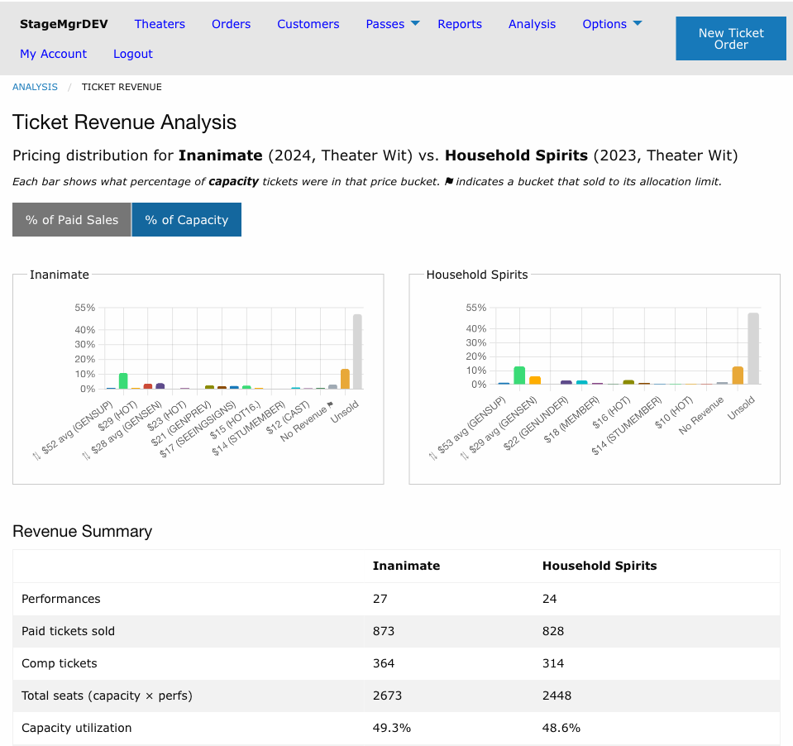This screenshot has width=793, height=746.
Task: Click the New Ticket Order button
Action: coord(731,38)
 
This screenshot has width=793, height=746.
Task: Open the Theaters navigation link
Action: coord(160,24)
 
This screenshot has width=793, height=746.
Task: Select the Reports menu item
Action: coord(460,24)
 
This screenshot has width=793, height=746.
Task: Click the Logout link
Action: coord(133,54)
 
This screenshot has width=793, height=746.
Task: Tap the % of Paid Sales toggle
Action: coord(72,219)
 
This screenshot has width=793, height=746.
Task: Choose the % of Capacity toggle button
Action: coord(187,219)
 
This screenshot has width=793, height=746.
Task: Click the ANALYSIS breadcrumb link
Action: coord(35,87)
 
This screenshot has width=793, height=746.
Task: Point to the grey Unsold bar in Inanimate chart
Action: coord(357,351)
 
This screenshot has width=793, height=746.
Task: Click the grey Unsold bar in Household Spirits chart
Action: coord(753,348)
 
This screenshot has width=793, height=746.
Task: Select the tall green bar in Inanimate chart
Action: coord(123,380)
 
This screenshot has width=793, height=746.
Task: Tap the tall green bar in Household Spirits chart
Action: coord(519,375)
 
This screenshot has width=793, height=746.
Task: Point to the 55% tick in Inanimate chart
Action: coord(85,308)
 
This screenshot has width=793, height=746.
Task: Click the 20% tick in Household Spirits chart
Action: coord(476,356)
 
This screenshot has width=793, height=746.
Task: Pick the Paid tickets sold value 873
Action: coord(384,631)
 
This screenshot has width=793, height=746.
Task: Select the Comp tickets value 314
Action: coord(552,663)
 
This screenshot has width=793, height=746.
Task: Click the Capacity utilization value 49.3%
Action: coord(391,728)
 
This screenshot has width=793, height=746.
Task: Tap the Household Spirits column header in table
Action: coord(600,566)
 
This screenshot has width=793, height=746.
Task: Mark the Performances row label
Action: coord(60,598)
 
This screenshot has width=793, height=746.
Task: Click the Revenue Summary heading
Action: coord(83,531)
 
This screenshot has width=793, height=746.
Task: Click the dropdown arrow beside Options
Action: coord(638,23)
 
